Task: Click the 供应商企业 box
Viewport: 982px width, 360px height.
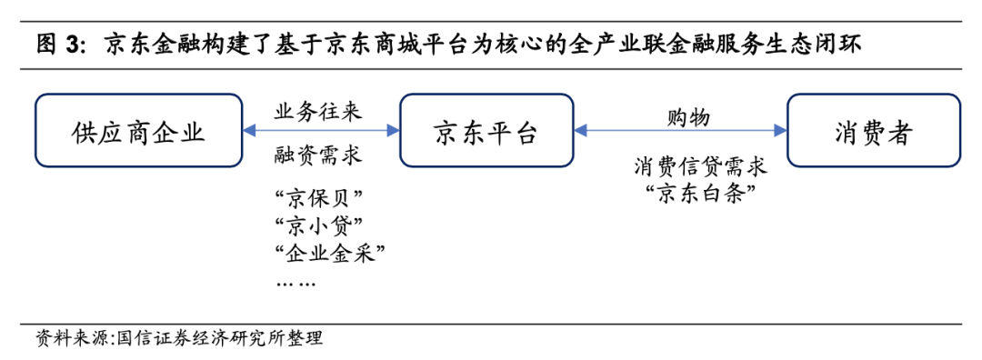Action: tap(138, 132)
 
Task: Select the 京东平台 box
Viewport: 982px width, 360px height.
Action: tap(486, 132)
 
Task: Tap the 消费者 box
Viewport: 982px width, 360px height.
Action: tap(873, 132)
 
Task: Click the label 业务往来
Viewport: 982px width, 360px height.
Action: tap(318, 113)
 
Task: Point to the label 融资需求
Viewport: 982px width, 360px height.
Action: tap(318, 154)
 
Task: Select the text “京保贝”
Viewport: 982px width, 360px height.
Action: tap(318, 197)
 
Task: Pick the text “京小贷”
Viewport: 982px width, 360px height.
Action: tap(318, 225)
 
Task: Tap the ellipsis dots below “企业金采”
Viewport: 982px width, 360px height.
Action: tap(295, 283)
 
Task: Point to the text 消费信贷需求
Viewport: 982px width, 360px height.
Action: tap(701, 166)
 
